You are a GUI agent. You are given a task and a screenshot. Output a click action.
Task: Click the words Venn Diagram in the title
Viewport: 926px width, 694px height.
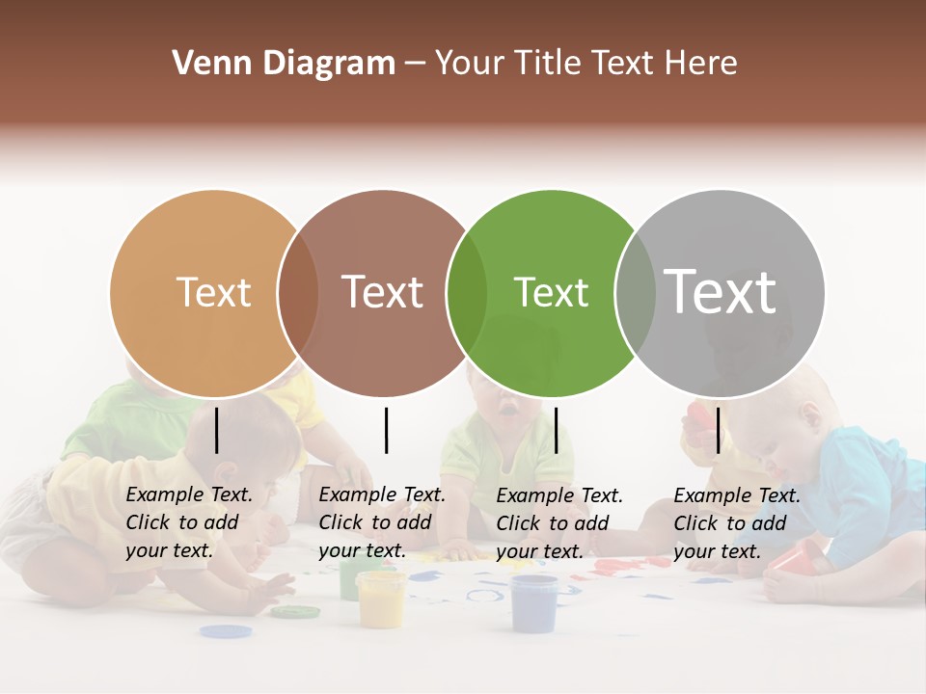(284, 64)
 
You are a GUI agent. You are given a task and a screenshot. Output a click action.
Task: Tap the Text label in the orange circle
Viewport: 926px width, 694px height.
(213, 292)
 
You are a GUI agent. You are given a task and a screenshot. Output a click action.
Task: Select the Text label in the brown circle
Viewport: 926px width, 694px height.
(383, 292)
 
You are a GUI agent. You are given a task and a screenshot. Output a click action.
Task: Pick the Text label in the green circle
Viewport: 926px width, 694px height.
(551, 292)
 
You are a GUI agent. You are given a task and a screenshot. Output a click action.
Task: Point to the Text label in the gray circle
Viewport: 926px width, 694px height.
(721, 291)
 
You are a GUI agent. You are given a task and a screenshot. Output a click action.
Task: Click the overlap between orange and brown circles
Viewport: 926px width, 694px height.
(298, 293)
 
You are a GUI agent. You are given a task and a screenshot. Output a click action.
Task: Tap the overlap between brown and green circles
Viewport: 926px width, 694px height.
(467, 293)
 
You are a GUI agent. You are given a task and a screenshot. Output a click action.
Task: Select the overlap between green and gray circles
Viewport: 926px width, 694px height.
(636, 293)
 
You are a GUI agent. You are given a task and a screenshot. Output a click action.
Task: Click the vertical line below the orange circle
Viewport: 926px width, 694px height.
(217, 430)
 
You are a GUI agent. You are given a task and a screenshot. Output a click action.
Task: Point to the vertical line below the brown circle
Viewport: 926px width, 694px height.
(386, 430)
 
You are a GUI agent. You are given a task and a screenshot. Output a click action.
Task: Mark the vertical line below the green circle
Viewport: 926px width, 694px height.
(557, 430)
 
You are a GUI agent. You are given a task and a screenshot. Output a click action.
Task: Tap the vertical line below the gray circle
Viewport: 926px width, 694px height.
(718, 430)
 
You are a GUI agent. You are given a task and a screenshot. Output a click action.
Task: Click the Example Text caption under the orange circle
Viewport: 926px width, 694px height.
(189, 522)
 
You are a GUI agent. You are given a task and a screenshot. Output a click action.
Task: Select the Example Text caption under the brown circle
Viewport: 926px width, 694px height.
(382, 522)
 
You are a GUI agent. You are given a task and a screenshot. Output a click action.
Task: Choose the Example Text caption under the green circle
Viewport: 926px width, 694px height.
(559, 523)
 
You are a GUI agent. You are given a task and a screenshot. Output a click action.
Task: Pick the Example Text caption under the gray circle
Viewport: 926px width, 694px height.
(737, 523)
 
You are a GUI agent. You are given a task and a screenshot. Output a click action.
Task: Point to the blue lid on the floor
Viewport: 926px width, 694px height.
(226, 632)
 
